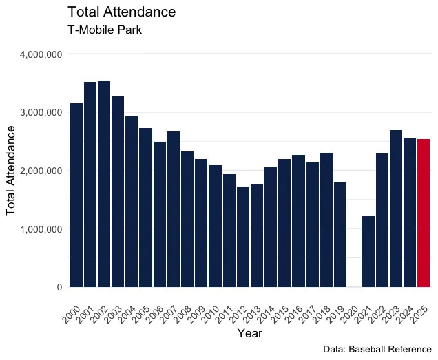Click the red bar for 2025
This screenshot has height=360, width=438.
coord(424,213)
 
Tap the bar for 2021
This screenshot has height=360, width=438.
coord(368,251)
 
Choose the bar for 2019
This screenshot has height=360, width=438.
coord(340,235)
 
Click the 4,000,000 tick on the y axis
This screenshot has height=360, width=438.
coord(43,54)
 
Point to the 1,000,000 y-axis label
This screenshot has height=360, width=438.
coord(43,229)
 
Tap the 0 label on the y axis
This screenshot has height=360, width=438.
coord(61,287)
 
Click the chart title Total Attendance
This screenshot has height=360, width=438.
coord(122,12)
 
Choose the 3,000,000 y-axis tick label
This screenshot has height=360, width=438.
coord(43,112)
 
